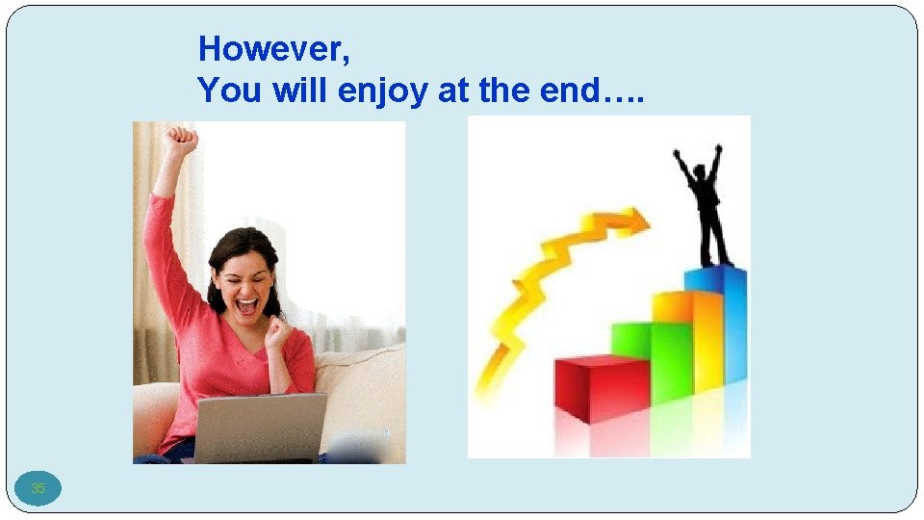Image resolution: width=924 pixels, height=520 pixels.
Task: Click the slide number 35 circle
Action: [38, 488]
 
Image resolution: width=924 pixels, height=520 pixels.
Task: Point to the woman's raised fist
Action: [180, 143]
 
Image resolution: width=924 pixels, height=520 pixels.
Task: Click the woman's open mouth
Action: [247, 306]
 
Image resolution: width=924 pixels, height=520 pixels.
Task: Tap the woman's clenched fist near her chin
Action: [279, 333]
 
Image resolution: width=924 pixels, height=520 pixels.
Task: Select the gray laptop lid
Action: [261, 427]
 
